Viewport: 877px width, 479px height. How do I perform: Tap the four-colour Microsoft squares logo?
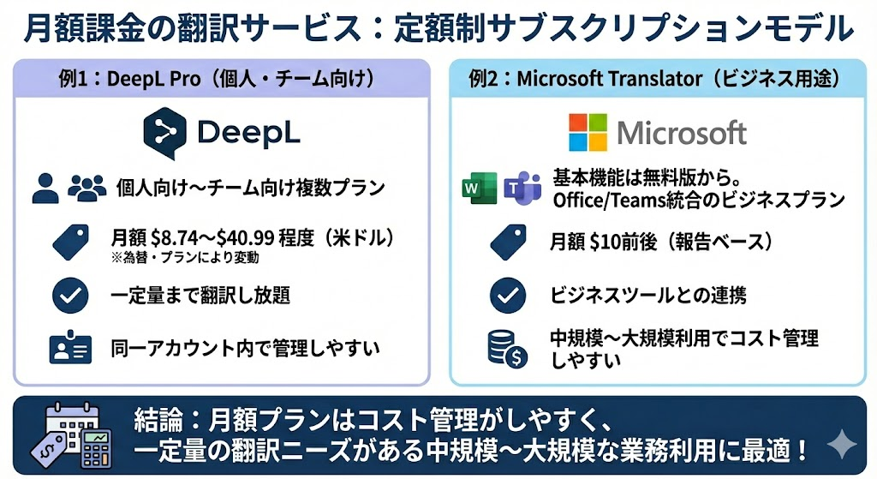(x=588, y=132)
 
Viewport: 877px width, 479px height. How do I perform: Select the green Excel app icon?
(x=479, y=188)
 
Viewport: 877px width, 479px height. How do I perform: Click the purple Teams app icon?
(x=522, y=188)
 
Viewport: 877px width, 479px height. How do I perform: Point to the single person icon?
(x=45, y=188)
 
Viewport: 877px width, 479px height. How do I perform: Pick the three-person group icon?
(x=87, y=187)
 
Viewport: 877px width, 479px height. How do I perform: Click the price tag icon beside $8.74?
(x=72, y=242)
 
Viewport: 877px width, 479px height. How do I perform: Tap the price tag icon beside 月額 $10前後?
(x=508, y=242)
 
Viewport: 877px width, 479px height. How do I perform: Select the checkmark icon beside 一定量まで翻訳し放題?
(x=70, y=296)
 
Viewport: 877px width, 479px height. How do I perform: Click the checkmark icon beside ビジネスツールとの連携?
(x=508, y=296)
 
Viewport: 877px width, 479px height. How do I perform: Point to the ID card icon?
(x=70, y=349)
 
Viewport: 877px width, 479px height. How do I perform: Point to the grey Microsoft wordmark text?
(x=682, y=133)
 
